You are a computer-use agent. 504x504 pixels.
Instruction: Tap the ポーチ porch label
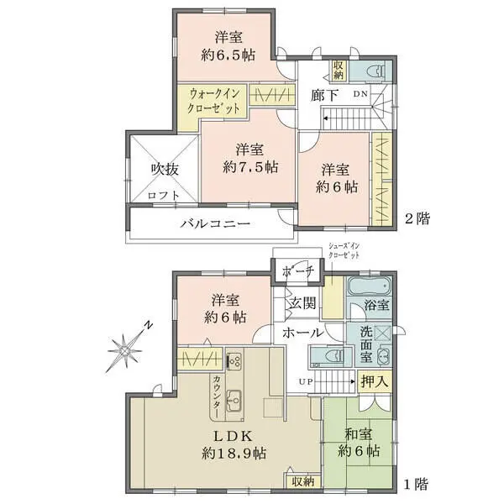[x=297, y=272]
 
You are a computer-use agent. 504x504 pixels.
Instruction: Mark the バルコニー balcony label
[x=214, y=224]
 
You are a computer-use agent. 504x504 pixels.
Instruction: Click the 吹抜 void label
[x=165, y=169]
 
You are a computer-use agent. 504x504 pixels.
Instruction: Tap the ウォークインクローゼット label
[x=215, y=102]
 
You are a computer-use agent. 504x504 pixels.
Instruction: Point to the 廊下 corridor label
[x=324, y=95]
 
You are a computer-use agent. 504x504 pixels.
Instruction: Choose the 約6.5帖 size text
[x=226, y=57]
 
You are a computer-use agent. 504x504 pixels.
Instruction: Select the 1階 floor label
[x=416, y=485]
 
